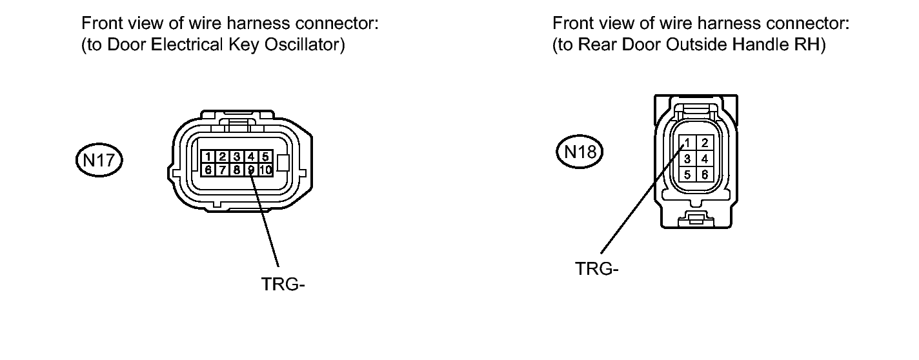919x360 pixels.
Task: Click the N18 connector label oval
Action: click(579, 152)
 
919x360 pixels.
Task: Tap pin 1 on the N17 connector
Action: click(208, 157)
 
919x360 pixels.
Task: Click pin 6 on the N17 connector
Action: click(208, 170)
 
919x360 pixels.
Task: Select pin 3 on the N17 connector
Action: click(237, 157)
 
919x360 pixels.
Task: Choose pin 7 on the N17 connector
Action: click(223, 170)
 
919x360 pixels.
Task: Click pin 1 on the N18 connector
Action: click(688, 143)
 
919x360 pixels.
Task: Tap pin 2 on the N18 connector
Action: click(704, 143)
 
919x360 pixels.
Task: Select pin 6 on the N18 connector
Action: click(704, 174)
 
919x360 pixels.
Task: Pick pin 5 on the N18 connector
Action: click(688, 174)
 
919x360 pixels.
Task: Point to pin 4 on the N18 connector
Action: click(704, 158)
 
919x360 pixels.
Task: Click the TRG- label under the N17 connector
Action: click(283, 284)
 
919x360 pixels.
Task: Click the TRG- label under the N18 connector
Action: click(597, 268)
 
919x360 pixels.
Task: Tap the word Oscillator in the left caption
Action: click(306, 46)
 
